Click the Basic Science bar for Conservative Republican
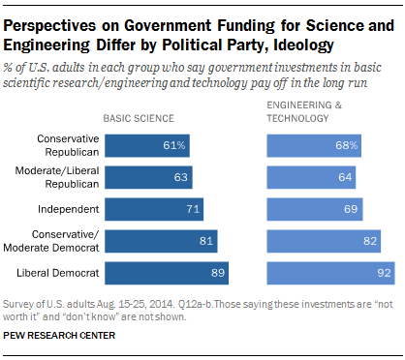pos(147,145)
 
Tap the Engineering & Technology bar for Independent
pos(315,209)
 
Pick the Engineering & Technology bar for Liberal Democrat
pos(329,273)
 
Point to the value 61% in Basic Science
pos(175,145)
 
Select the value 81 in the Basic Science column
pos(204,241)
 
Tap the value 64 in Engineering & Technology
pos(343,177)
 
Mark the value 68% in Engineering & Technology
pos(348,145)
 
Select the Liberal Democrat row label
pos(52,273)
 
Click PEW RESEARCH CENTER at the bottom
pos(58,336)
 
